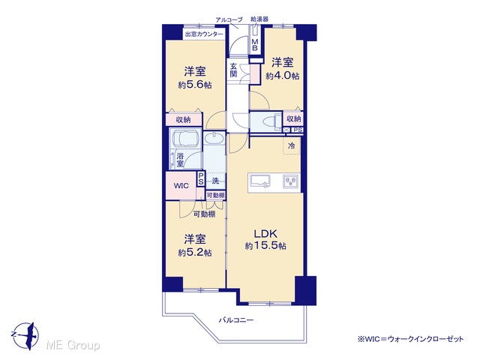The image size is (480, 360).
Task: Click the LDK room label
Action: tap(265, 234)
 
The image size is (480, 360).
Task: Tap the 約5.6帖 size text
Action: tap(195, 85)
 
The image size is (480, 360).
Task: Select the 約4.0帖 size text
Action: tap(283, 76)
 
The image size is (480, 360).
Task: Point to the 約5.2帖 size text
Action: tap(195, 253)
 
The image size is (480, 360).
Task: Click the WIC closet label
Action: tap(181, 186)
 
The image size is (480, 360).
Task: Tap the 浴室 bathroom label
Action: tap(180, 160)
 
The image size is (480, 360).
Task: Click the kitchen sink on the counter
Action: tap(260, 181)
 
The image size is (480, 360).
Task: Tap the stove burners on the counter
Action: tap(290, 181)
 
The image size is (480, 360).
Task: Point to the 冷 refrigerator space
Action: tap(292, 145)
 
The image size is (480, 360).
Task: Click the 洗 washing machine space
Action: tap(215, 181)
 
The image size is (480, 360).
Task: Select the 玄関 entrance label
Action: tap(233, 70)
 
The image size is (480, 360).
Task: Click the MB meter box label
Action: tap(255, 45)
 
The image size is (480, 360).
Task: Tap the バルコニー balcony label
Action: tap(236, 320)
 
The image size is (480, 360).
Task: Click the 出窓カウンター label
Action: tap(204, 34)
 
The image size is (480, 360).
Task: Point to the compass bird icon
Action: tap(25, 335)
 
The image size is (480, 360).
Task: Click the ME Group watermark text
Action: tap(73, 345)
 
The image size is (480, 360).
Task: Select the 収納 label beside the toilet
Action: tap(294, 118)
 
